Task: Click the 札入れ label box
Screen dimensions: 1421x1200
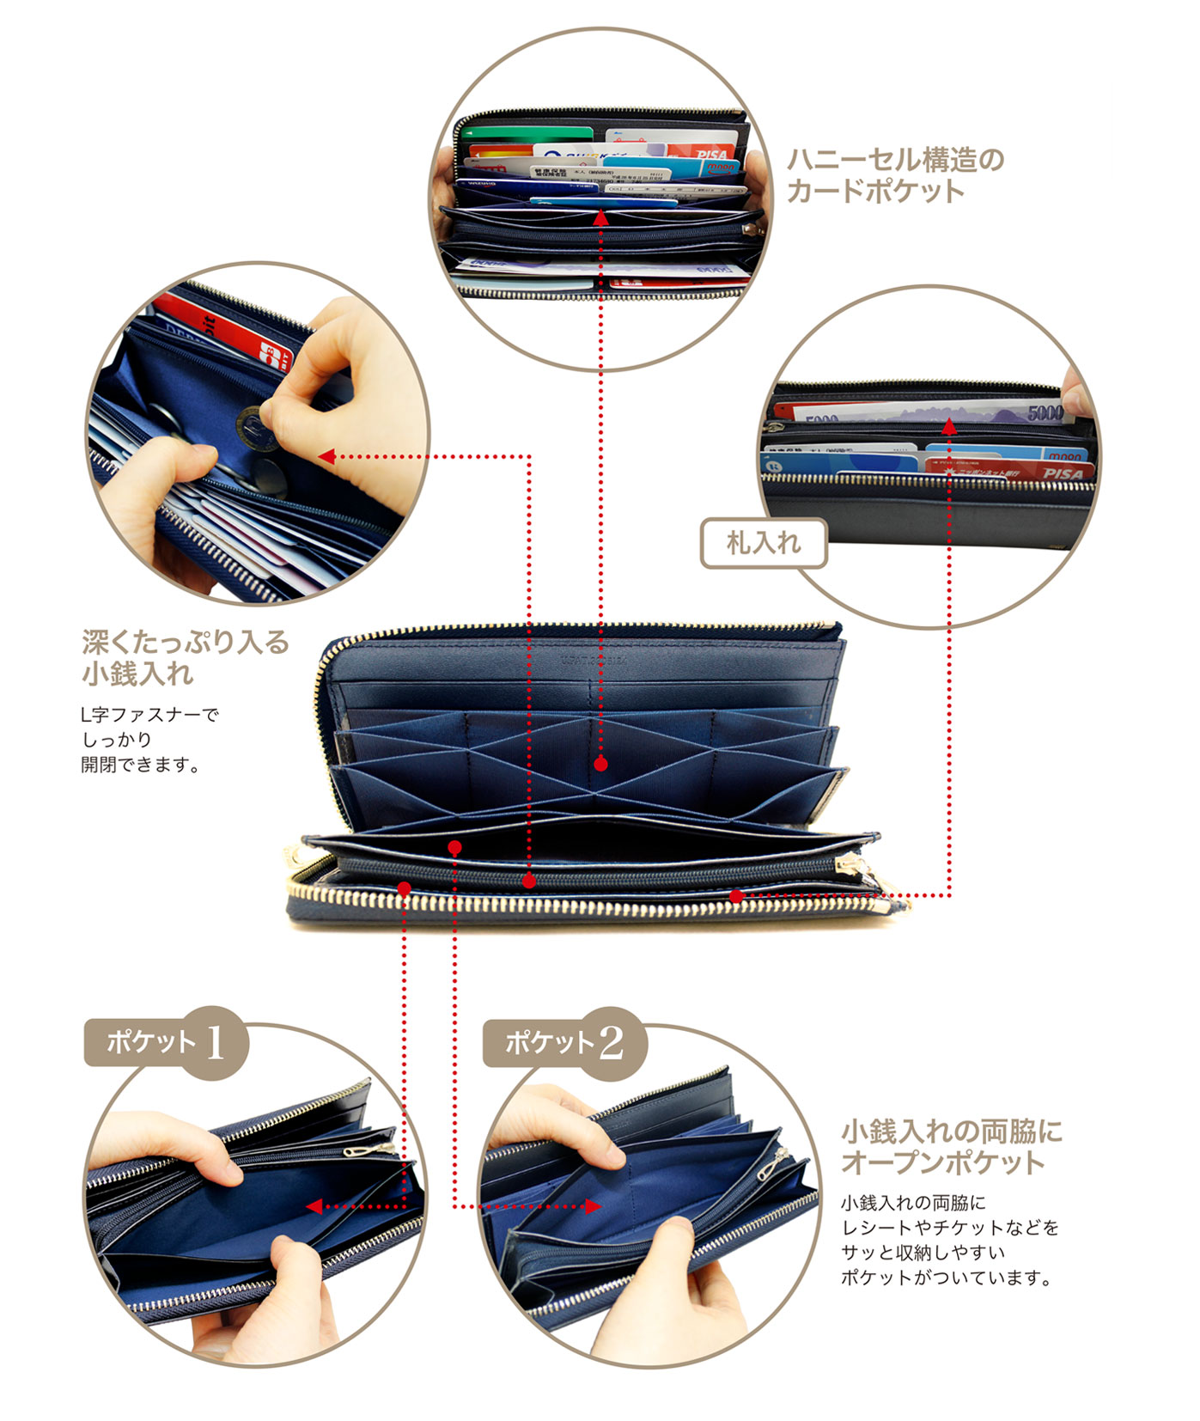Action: coord(763,543)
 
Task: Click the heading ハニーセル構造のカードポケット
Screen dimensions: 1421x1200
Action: coord(895,174)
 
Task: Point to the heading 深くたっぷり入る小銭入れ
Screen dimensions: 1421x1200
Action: coord(185,657)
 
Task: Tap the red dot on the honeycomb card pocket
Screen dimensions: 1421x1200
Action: coord(600,763)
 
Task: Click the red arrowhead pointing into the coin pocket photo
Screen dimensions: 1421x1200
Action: coord(326,456)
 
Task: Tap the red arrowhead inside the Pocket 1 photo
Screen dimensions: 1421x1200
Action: coord(314,1206)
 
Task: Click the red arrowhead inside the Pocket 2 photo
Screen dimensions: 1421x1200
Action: coord(592,1206)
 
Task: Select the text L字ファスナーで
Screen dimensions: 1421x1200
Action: coord(150,714)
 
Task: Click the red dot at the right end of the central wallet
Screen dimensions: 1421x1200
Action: coord(736,896)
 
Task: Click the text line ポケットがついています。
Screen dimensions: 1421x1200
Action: coord(947,1278)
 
